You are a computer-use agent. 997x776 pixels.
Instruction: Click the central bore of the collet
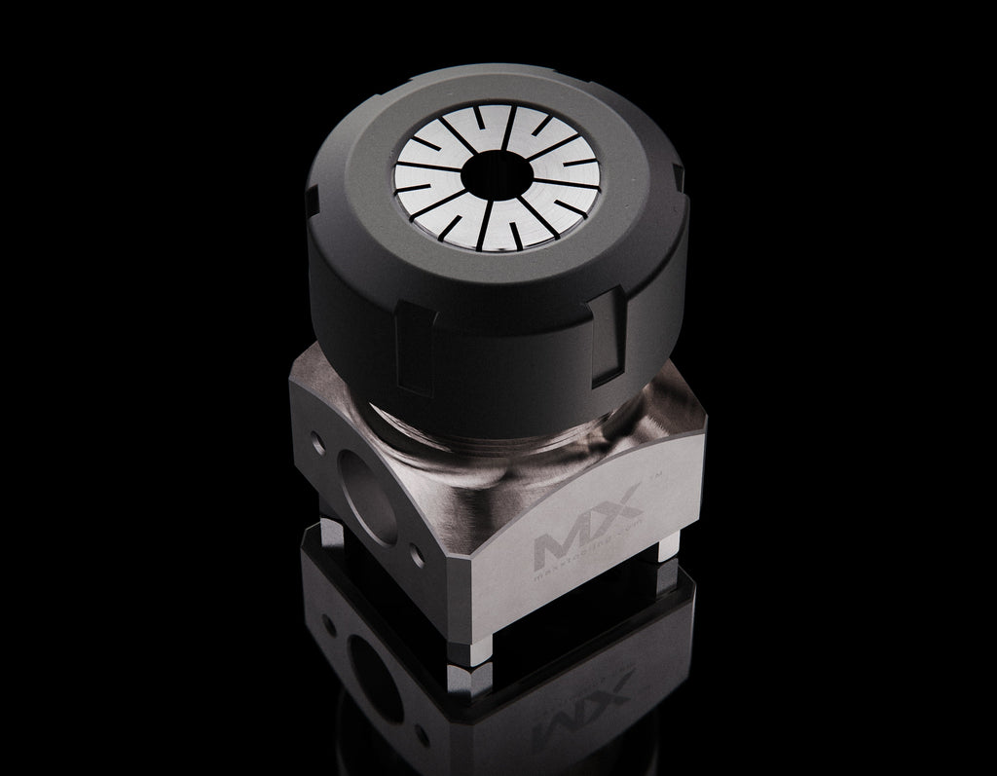[x=497, y=176]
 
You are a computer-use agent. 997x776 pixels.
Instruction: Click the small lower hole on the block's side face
[x=420, y=556]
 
